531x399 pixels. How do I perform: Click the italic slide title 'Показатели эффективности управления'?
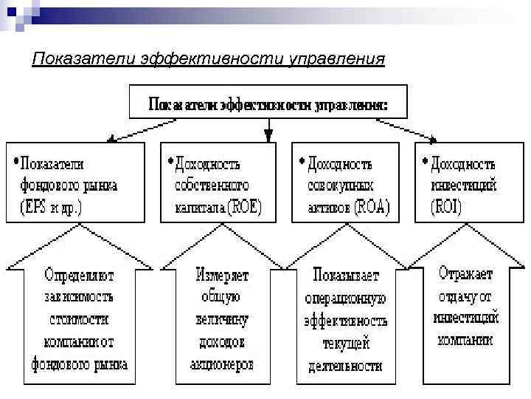[208, 58]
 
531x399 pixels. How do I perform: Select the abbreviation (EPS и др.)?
[51, 208]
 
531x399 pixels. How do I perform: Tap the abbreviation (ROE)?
[244, 207]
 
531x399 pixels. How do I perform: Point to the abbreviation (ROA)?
[372, 207]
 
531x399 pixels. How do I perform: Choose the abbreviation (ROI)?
[447, 207]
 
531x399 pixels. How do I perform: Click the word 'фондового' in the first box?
[47, 185]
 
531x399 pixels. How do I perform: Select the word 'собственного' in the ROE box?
[212, 185]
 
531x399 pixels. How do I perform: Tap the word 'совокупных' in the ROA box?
[340, 185]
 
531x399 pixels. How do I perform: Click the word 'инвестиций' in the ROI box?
[465, 185]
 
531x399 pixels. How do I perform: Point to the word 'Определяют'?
[79, 276]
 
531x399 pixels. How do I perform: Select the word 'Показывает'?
[345, 276]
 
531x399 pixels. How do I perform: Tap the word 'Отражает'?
[466, 273]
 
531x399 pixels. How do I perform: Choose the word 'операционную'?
[345, 299]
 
